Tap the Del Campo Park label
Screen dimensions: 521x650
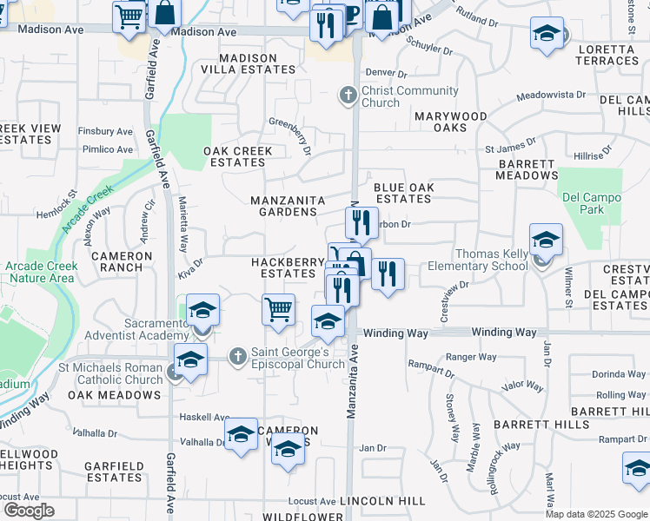(592, 203)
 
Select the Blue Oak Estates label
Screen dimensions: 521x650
(402, 193)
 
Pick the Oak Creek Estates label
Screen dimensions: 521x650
(238, 156)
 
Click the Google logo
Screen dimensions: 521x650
(29, 510)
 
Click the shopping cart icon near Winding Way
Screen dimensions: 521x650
(278, 309)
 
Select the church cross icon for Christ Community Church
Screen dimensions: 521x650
(348, 95)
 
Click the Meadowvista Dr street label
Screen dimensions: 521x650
(551, 96)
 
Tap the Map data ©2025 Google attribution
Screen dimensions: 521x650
(595, 514)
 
